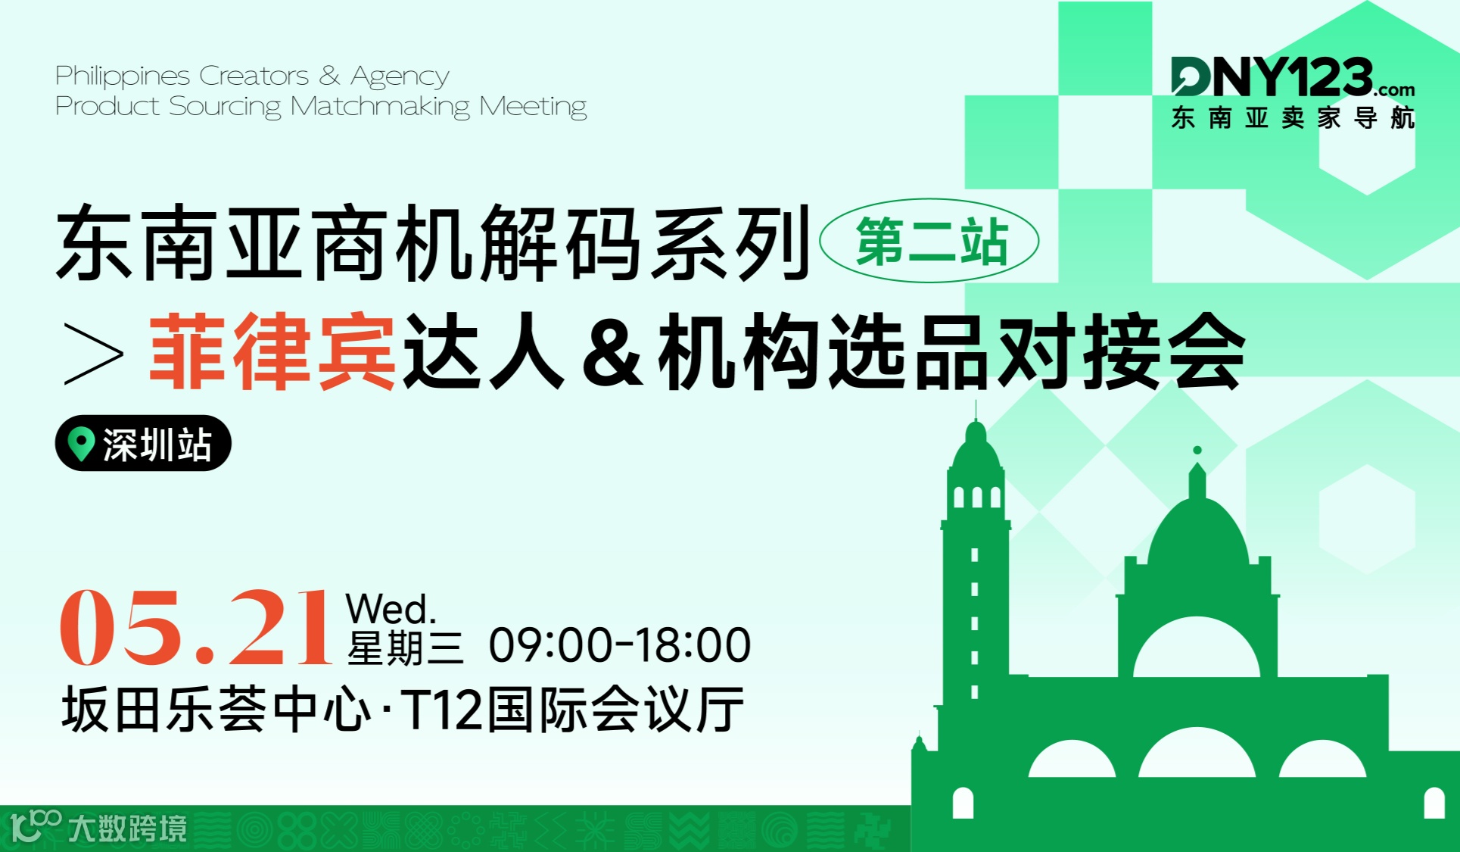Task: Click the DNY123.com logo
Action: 1291,78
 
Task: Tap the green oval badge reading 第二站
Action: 929,241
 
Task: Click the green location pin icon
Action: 80,442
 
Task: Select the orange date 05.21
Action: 195,628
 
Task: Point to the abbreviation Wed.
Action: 391,609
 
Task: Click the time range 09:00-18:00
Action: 619,645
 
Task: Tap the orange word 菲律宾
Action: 272,352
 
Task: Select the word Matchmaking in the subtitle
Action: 380,107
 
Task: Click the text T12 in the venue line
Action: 441,710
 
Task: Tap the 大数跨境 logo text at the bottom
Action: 127,829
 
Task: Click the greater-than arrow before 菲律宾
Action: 93,353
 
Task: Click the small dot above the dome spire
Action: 1197,451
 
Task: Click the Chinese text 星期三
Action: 404,649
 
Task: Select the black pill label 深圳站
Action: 143,443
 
